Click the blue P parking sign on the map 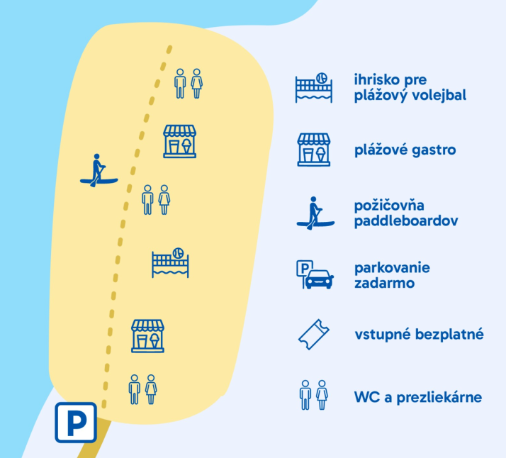tap(76, 423)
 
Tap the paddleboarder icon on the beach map tap(98, 172)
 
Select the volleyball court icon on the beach tap(170, 263)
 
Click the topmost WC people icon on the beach tap(188, 83)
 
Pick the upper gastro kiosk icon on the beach tap(179, 141)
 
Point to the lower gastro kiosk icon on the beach tap(147, 335)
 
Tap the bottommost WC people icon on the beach tap(142, 389)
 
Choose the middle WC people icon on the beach tap(156, 200)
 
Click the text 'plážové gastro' tap(405, 150)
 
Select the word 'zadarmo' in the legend tap(385, 283)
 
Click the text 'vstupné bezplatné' tap(419, 333)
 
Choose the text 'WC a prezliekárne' tap(418, 396)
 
